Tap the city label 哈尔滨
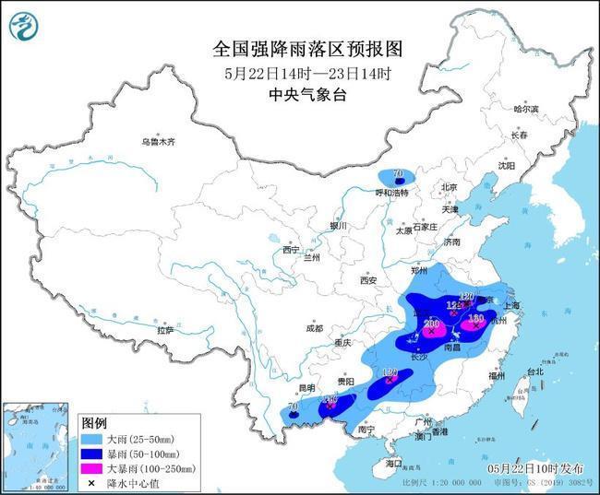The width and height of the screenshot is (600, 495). point(525,109)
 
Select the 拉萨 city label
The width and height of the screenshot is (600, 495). point(165,329)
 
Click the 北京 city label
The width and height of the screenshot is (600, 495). point(450,187)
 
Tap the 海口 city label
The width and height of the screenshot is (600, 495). point(395,462)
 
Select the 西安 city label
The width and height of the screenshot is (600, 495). point(369,279)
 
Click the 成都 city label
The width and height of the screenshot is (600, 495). point(315,328)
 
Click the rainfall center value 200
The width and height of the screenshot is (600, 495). point(431,324)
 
